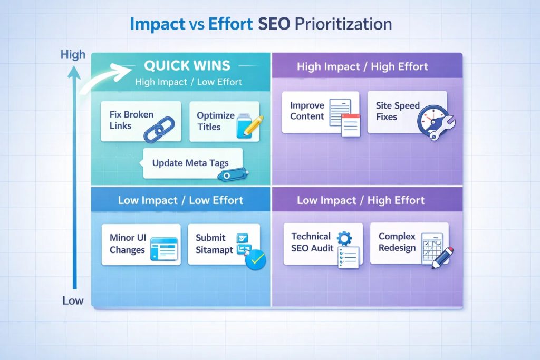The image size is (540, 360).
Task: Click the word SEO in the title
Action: pyautogui.click(x=274, y=24)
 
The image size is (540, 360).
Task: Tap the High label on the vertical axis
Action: pyautogui.click(x=73, y=54)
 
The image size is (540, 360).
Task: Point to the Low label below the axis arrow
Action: pyautogui.click(x=73, y=300)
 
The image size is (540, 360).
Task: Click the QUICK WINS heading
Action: pyautogui.click(x=187, y=65)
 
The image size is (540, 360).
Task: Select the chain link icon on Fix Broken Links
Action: pyautogui.click(x=159, y=129)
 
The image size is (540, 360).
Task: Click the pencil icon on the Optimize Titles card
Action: pyautogui.click(x=254, y=125)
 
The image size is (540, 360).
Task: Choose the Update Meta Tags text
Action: pyautogui.click(x=190, y=163)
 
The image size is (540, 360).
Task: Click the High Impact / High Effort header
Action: pyautogui.click(x=362, y=66)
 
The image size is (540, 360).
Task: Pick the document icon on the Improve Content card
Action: pyautogui.click(x=345, y=118)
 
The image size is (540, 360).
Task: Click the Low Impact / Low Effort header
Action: pyautogui.click(x=180, y=200)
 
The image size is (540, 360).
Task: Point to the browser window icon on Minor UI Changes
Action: pyautogui.click(x=165, y=248)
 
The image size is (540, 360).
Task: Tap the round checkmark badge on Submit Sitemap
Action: pyautogui.click(x=256, y=259)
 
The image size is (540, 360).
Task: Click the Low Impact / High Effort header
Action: pyautogui.click(x=361, y=200)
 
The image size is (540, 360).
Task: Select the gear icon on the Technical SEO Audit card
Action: pyautogui.click(x=344, y=238)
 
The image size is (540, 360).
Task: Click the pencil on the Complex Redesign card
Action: pyautogui.click(x=442, y=257)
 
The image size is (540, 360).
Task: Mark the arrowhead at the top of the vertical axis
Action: pyautogui.click(x=74, y=72)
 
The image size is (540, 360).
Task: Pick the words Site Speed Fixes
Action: pyautogui.click(x=398, y=111)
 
